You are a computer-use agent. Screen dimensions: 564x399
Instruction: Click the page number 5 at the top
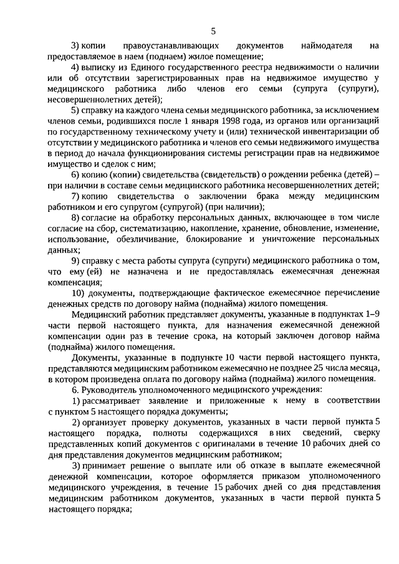(213, 31)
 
